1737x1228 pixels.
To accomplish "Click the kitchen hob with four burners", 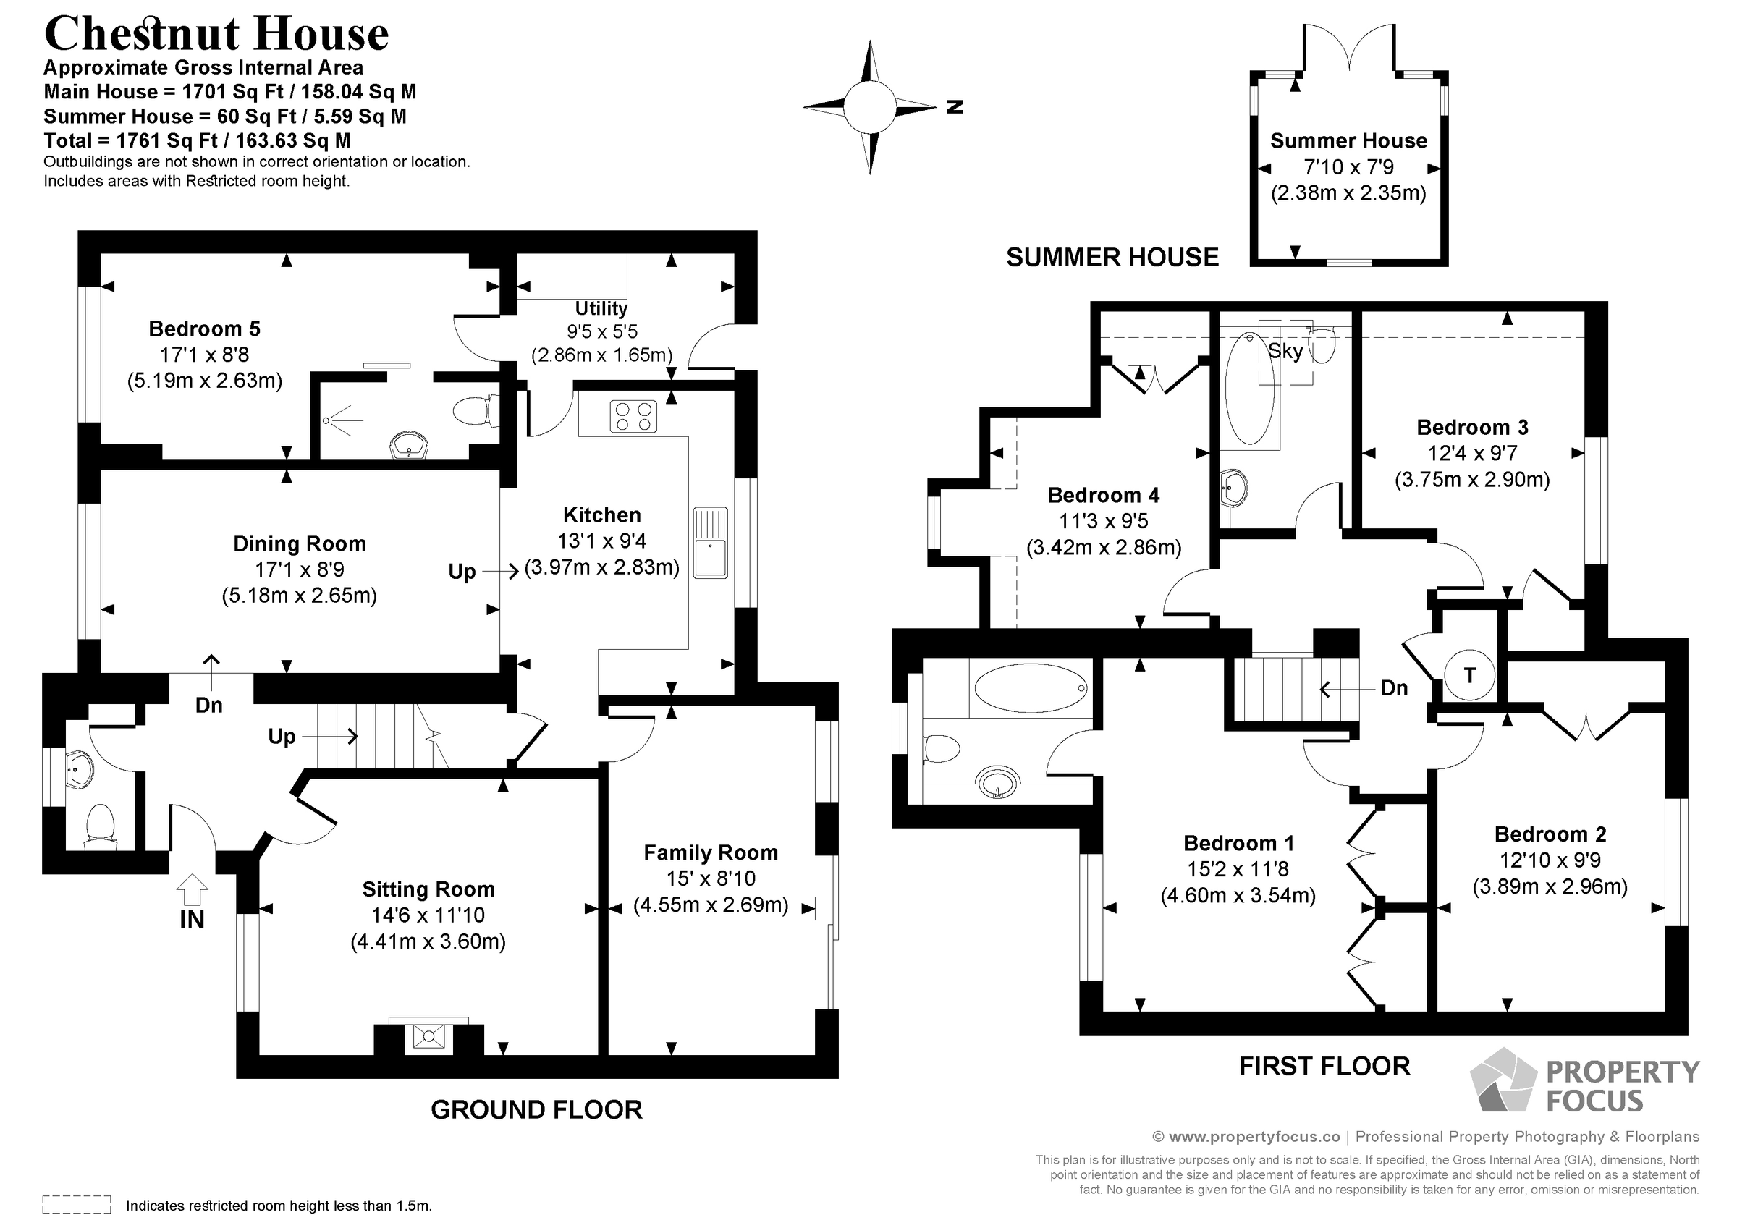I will pos(633,416).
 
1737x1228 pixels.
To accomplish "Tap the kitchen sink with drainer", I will pos(709,543).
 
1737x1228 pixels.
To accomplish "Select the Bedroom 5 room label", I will pos(204,329).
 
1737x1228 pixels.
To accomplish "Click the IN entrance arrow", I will pos(193,890).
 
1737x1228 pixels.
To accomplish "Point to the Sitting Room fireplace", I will pos(429,1036).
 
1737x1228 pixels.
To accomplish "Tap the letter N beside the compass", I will pos(955,107).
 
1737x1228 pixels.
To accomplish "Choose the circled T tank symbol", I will pos(1469,675).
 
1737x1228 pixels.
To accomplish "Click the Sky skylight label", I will pos(1285,351).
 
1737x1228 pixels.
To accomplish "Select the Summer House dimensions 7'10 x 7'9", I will pos(1348,167).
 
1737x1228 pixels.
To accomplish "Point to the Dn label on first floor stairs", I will pos(1393,687).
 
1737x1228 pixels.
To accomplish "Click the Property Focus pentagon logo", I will pos(1503,1082).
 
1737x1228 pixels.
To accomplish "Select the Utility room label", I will pos(601,309).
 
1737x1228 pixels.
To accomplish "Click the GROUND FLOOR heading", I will pos(536,1110).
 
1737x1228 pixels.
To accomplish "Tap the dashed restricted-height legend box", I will pos(77,1204).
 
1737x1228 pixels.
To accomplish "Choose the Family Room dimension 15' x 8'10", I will pos(711,878).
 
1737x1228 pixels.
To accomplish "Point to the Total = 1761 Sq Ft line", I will pos(197,140).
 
